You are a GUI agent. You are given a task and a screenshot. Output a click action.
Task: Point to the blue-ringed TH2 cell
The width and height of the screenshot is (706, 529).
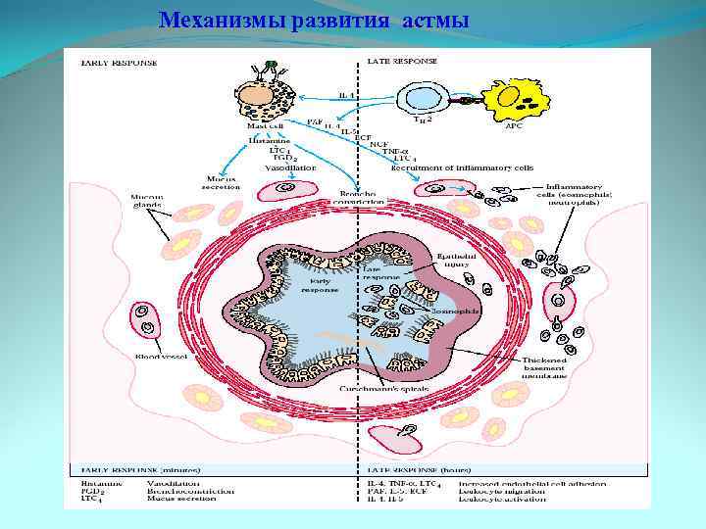[423, 97]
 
